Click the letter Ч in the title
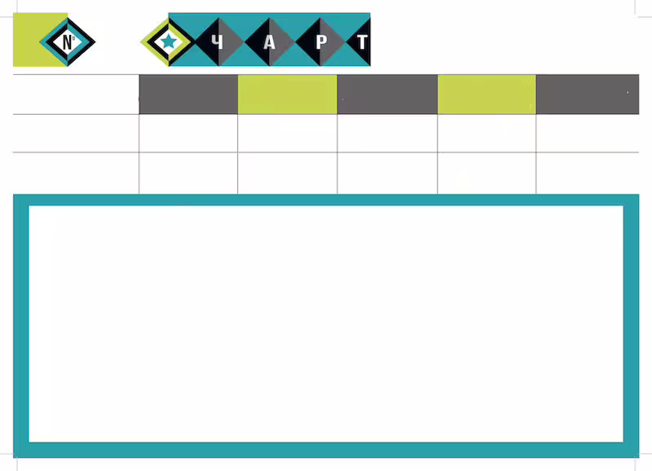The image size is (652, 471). [x=217, y=42]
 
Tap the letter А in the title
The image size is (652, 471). [x=270, y=42]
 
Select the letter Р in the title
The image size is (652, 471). [x=321, y=42]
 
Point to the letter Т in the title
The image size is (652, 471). [x=362, y=42]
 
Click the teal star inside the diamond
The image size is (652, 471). [x=169, y=42]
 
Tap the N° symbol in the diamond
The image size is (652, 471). [x=68, y=42]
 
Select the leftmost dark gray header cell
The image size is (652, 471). [x=188, y=95]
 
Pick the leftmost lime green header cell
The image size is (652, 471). [x=288, y=95]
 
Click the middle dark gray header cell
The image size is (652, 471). [x=387, y=95]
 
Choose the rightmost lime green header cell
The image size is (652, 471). [x=487, y=95]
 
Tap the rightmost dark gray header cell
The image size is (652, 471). [x=588, y=95]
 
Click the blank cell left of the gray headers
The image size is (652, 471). [x=76, y=95]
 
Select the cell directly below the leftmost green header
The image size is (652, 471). [x=288, y=133]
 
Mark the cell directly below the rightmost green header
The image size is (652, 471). [x=487, y=133]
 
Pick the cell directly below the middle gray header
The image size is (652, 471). [x=387, y=133]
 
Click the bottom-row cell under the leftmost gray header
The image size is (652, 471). [x=188, y=173]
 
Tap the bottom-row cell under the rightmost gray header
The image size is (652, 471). [x=588, y=173]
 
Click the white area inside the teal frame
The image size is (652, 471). [x=326, y=324]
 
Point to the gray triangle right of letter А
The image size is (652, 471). [x=282, y=42]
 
